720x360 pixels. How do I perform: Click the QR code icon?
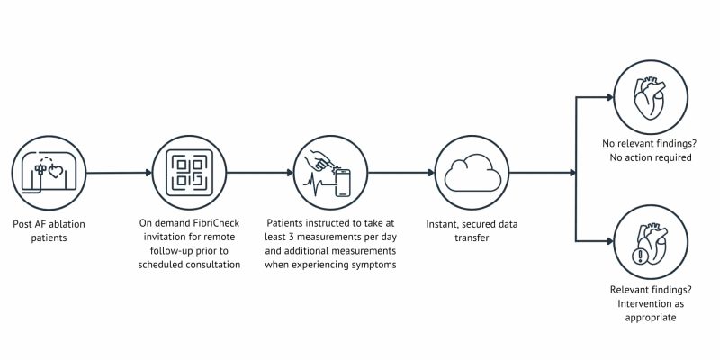189,173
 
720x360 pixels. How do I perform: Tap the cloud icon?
472,173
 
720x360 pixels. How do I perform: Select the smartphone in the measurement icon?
343,184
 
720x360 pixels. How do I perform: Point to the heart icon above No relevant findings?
650,99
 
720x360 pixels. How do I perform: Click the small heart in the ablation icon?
55,172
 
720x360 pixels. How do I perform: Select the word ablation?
66,224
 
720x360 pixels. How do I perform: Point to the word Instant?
443,224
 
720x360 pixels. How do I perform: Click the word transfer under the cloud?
472,238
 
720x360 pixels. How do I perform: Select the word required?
672,157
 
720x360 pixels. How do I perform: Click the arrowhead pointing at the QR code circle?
148,173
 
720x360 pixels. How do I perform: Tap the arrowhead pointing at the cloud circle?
431,173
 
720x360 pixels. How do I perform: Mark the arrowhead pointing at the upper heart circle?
610,97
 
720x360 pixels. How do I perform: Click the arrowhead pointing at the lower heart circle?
610,241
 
